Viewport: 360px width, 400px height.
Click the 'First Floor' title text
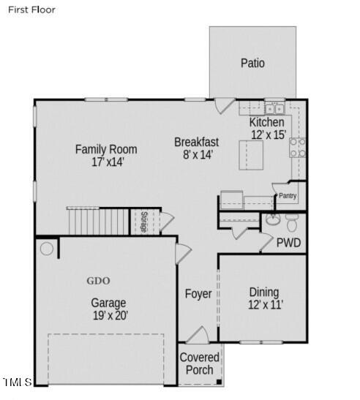tap(31, 10)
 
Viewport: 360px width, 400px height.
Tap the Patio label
tap(252, 64)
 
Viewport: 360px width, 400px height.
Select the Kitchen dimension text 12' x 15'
tap(267, 135)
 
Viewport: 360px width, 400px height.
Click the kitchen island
tap(251, 155)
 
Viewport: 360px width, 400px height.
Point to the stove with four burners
tap(298, 148)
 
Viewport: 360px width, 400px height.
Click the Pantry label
tap(287, 196)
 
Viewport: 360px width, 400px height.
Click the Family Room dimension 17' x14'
tap(105, 162)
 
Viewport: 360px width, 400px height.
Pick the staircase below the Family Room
tap(98, 220)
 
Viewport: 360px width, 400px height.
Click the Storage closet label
tap(144, 222)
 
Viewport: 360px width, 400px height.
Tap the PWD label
tap(288, 243)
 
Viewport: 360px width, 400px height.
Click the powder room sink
tap(272, 219)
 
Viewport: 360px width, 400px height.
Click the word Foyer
tap(198, 294)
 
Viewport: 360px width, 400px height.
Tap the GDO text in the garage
tap(98, 281)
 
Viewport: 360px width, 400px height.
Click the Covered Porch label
tap(200, 363)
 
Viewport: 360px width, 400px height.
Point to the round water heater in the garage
tap(47, 249)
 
